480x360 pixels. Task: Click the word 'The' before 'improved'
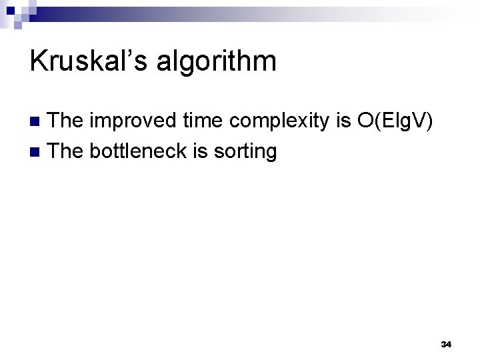68,121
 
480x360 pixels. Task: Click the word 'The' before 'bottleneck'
68,151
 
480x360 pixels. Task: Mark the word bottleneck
139,151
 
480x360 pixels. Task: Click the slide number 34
446,344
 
